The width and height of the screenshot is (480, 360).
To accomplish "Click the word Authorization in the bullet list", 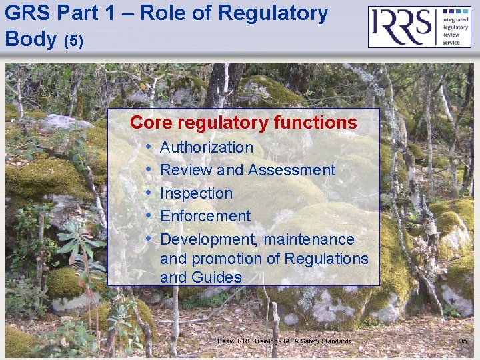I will tap(207, 147).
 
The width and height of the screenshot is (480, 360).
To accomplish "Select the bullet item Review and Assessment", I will tap(247, 170).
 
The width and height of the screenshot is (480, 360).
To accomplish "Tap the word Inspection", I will tap(196, 193).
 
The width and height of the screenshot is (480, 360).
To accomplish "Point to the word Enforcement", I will tap(205, 216).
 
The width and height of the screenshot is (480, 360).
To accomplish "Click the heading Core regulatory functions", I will tap(243, 123).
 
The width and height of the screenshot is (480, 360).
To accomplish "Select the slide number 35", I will tap(463, 341).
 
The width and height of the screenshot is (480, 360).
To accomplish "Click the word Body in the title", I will tap(30, 39).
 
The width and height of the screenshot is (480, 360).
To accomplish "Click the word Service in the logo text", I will tap(452, 43).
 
